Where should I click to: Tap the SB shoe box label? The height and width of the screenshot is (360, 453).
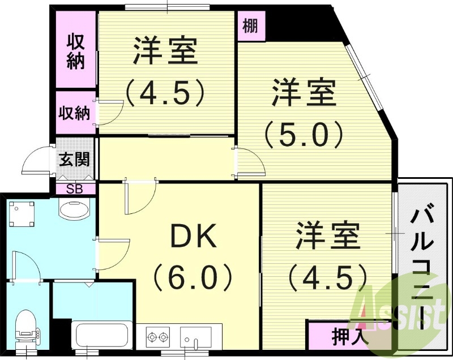pos(75,188)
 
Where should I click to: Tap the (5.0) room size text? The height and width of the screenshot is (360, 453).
pos(304,135)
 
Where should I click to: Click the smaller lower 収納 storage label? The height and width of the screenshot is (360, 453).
pos(75,113)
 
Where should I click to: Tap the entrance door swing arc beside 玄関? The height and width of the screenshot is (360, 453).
pos(35,161)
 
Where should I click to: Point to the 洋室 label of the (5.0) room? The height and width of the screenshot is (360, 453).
pos(304,93)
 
